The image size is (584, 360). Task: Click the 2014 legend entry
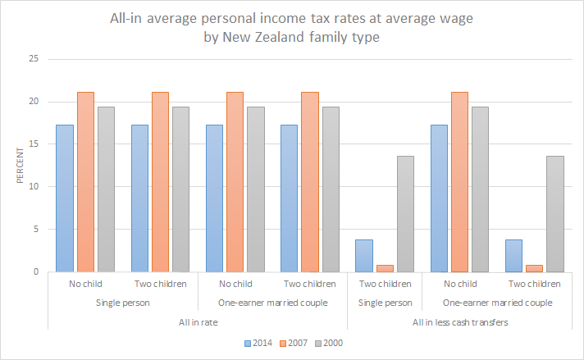[261, 343]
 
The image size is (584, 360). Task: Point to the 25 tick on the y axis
[33, 59]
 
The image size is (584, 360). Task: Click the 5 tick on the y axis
[35, 230]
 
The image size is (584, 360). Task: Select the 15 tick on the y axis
[33, 144]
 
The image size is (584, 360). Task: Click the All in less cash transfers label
[459, 322]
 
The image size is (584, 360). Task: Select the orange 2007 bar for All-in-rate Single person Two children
[160, 182]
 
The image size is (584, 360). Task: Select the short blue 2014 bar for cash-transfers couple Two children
[515, 256]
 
